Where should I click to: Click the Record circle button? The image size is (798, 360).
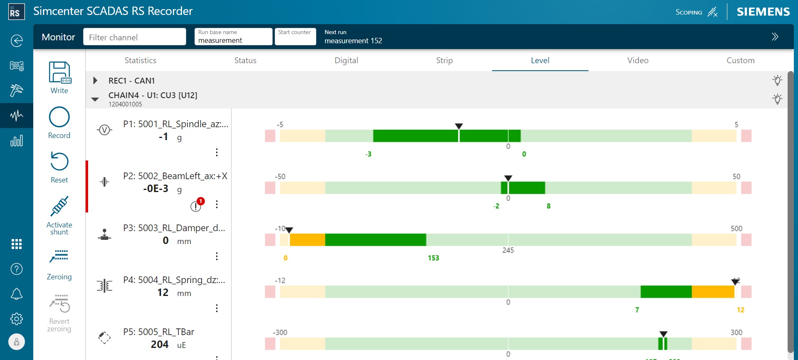pos(59,117)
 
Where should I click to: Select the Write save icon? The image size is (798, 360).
pos(59,72)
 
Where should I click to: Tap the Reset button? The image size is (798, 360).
pos(59,162)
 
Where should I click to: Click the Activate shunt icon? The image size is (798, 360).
pos(59,207)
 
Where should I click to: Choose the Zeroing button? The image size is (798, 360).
pos(59,257)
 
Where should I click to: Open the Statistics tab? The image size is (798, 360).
pos(140,60)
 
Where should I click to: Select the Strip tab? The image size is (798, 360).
pos(444,60)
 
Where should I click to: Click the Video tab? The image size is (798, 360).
pos(638,60)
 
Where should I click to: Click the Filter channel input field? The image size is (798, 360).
pos(134,37)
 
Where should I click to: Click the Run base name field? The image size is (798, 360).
pos(233,37)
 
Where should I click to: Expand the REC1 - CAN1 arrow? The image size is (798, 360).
pos(95,81)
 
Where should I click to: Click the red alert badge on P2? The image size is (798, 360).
pos(200,201)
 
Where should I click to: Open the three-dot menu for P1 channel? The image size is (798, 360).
pos(217,152)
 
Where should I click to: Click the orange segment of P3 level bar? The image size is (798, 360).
pos(307,240)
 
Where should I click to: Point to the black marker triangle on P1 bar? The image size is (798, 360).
pos(458,126)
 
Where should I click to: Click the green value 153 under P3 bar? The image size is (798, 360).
pos(433,258)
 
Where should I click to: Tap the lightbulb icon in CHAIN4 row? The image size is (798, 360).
pos(777,99)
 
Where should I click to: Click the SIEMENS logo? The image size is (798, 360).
pos(763,12)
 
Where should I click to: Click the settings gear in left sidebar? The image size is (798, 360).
pos(17,319)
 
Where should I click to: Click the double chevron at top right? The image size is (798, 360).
pos(775,37)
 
